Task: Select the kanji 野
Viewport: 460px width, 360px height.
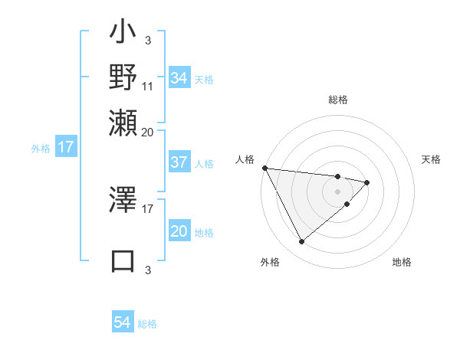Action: [123, 79]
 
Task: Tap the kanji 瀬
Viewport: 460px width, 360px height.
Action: [123, 123]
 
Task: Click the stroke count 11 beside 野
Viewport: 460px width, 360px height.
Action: [148, 86]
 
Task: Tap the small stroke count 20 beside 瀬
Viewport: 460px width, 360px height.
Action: [148, 131]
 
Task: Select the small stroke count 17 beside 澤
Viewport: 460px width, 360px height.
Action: [148, 207]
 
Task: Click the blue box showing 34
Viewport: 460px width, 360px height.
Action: [179, 78]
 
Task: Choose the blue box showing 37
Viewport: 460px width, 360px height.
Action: [179, 162]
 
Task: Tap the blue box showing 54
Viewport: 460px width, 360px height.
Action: [122, 322]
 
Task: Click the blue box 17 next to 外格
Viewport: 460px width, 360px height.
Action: [65, 147]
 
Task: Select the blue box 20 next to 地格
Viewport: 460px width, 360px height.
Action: [179, 232]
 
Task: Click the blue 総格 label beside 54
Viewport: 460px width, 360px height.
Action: [147, 324]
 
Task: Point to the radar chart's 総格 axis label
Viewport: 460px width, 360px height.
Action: [337, 100]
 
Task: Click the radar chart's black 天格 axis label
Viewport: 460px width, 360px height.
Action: [431, 159]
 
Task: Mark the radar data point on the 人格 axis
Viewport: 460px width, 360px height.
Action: [264, 168]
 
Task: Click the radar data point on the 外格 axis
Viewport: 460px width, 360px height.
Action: [301, 242]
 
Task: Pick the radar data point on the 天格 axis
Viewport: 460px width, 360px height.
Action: [367, 182]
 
